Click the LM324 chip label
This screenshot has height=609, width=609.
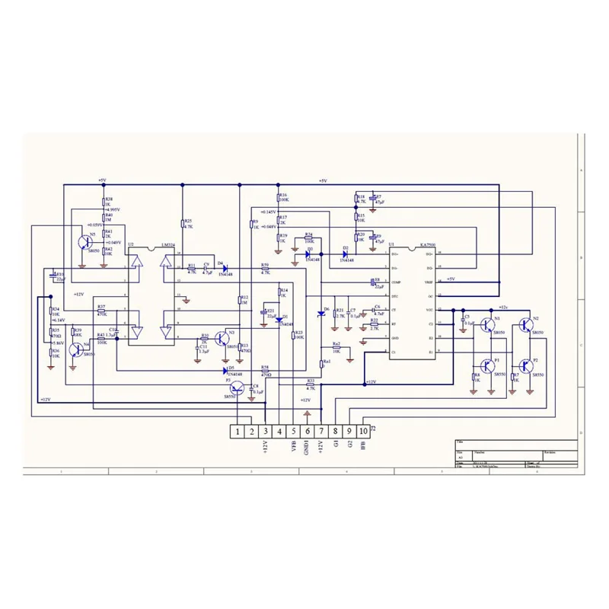pyautogui.click(x=168, y=245)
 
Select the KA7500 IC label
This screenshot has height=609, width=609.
pyautogui.click(x=427, y=245)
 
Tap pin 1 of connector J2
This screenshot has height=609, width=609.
pyautogui.click(x=238, y=432)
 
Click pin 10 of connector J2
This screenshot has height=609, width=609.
pyautogui.click(x=364, y=432)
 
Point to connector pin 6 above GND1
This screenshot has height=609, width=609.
pyautogui.click(x=308, y=432)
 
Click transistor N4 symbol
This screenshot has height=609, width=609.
pyautogui.click(x=76, y=349)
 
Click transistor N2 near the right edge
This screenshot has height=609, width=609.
pyautogui.click(x=525, y=325)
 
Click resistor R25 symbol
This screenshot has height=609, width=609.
pyautogui.click(x=183, y=223)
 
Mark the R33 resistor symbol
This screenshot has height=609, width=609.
pyautogui.click(x=310, y=384)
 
